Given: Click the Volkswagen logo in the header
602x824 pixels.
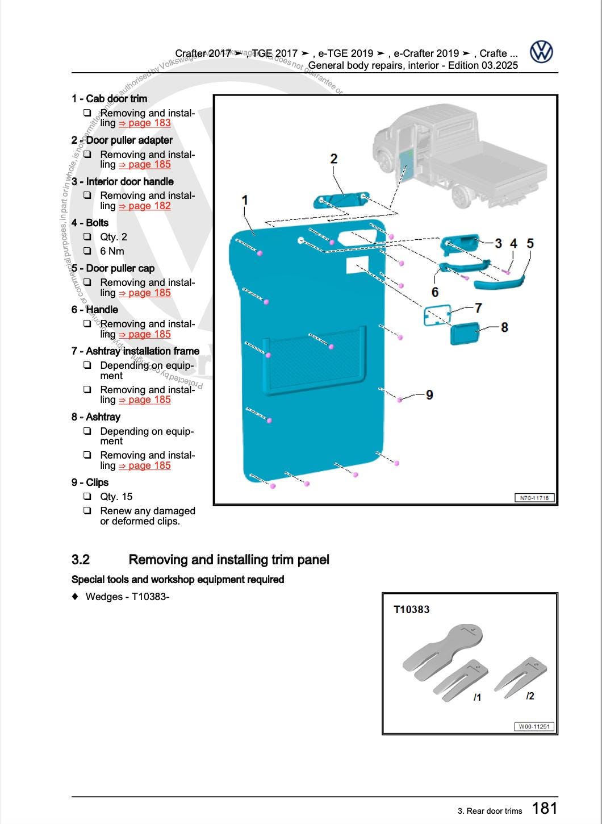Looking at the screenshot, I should (541, 52).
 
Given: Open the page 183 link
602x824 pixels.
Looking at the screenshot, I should (145, 123).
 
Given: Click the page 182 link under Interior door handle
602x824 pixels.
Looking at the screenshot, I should (145, 206).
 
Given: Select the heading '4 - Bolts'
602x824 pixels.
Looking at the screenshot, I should (90, 223).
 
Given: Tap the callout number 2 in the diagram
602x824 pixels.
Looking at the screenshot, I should (333, 159).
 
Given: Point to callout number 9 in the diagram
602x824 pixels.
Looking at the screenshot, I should (429, 394).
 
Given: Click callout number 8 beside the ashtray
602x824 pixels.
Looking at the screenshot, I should (504, 327).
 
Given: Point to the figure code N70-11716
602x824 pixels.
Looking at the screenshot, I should (534, 498).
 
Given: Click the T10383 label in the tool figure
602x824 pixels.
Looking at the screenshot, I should (411, 610).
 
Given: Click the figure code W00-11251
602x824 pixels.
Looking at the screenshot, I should (534, 727).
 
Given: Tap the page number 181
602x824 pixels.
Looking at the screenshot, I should (544, 808).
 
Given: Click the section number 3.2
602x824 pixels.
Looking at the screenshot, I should (81, 560).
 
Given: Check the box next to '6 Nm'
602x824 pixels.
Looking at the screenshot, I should (87, 251).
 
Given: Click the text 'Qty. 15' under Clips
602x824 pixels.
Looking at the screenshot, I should (116, 497).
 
